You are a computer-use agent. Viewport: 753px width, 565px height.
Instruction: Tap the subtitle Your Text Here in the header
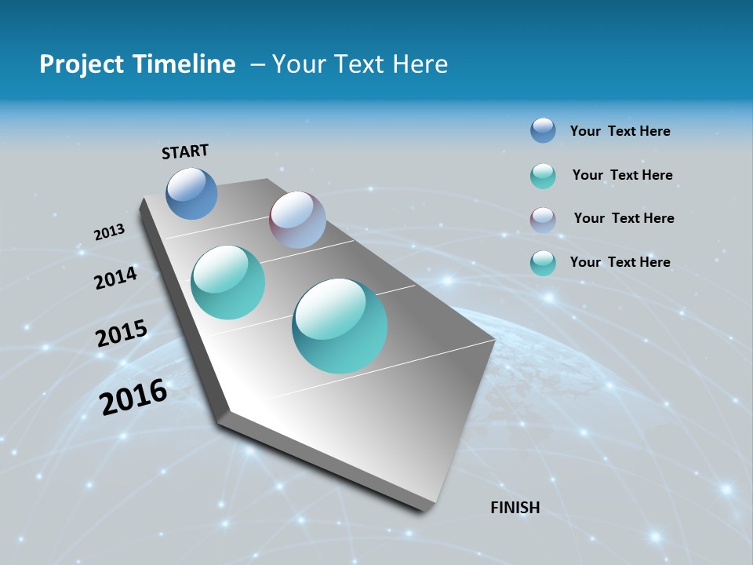(360, 64)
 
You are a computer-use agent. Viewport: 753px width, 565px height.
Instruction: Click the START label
(185, 151)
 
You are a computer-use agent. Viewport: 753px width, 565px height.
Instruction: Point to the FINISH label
(515, 508)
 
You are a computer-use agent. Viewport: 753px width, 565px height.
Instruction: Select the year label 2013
(109, 232)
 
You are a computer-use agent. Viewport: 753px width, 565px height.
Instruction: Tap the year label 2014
(116, 279)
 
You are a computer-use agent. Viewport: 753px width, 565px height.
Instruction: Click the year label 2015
(122, 334)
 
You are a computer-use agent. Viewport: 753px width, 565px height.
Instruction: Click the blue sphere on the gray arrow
(192, 193)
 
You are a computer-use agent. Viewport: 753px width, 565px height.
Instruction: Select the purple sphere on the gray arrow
(297, 220)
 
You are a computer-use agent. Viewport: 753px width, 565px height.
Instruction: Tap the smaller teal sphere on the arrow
(228, 282)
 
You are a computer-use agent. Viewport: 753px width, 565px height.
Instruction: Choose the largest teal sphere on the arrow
(340, 326)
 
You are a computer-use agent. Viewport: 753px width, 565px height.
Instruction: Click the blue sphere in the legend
(543, 131)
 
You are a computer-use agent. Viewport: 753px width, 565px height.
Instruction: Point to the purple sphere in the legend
(543, 219)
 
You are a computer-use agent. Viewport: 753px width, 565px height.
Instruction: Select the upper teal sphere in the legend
(543, 176)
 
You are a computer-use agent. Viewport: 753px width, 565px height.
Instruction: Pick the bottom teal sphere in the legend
(543, 263)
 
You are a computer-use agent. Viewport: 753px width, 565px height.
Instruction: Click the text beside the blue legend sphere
(620, 132)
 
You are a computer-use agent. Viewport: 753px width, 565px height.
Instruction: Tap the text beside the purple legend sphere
(624, 218)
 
